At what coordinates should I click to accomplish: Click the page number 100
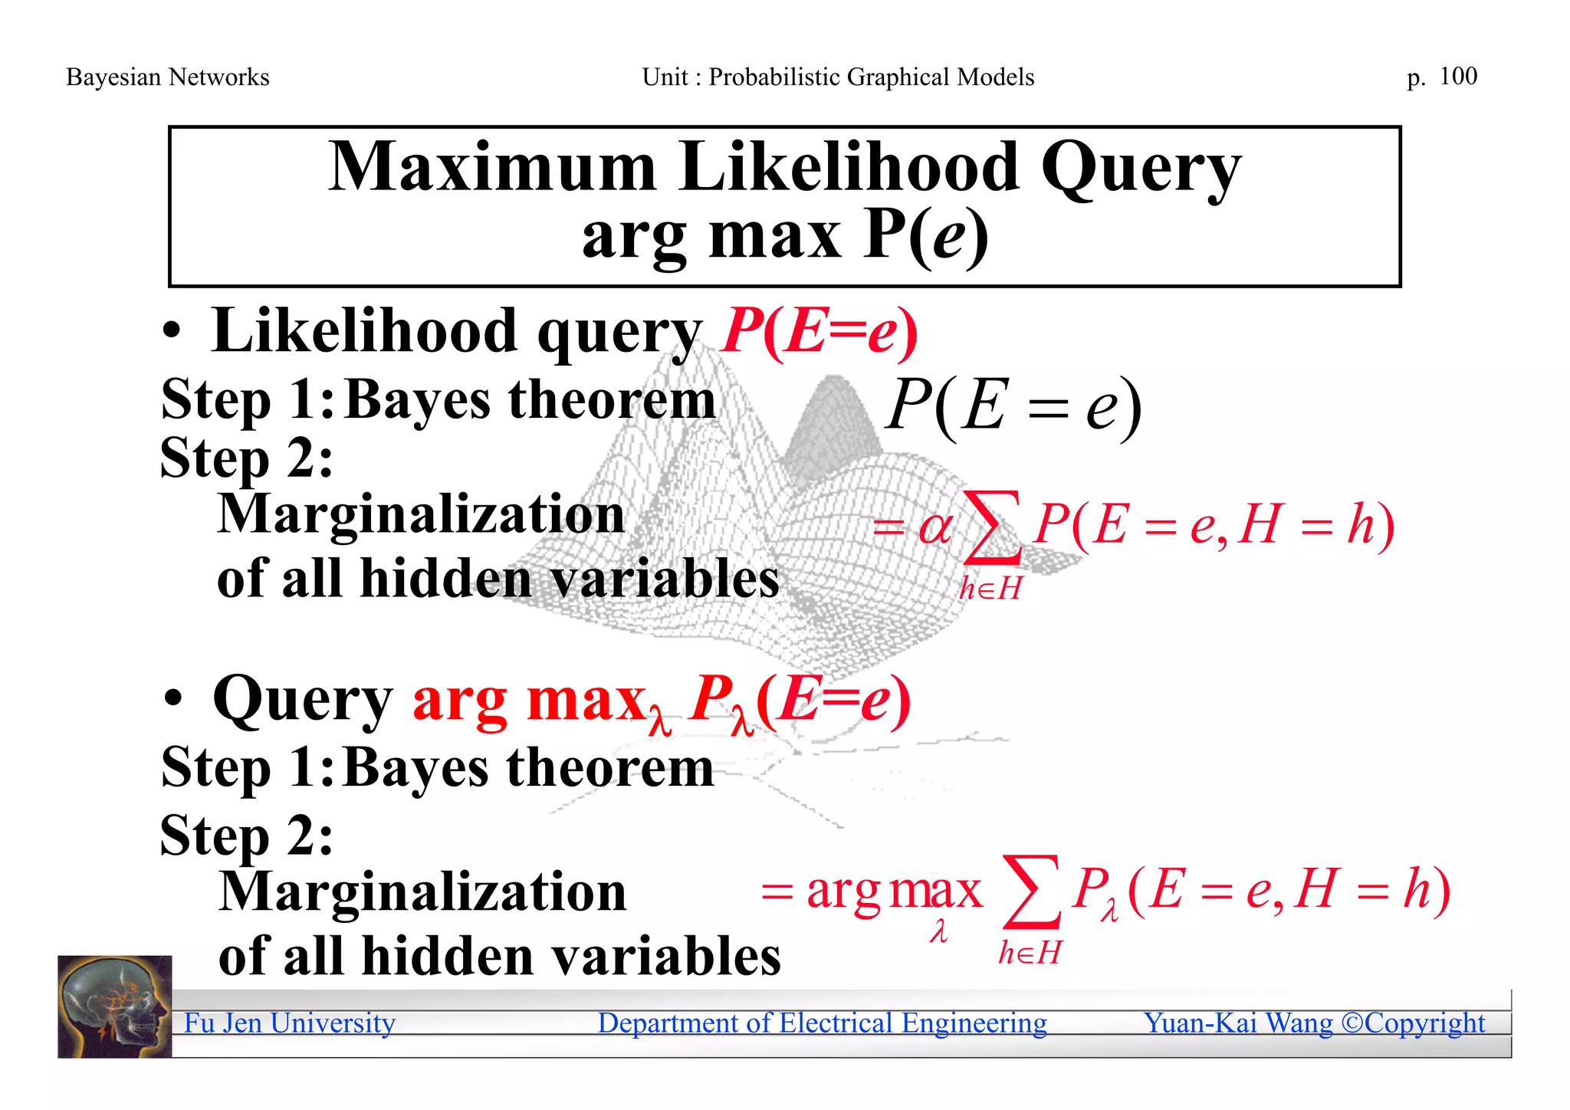pos(1458,76)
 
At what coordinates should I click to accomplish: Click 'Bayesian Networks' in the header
pos(167,77)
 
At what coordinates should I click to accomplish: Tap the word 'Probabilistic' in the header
pos(774,77)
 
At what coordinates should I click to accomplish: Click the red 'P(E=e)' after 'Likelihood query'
pos(819,332)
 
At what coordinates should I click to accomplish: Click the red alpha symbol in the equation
pos(935,527)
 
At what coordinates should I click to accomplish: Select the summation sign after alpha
pos(992,527)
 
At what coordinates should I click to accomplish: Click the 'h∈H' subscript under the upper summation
pos(990,589)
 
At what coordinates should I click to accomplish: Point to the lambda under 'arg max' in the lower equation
pos(938,931)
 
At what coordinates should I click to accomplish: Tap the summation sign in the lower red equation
pos(1031,892)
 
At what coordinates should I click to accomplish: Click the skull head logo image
pos(115,1006)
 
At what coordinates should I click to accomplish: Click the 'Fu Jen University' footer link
pos(289,1023)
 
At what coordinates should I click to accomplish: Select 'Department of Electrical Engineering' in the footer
pos(822,1023)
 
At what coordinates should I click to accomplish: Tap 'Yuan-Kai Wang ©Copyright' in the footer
pos(1314,1023)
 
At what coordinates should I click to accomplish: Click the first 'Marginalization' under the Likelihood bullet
pos(422,514)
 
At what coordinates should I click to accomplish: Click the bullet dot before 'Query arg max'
pos(173,700)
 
